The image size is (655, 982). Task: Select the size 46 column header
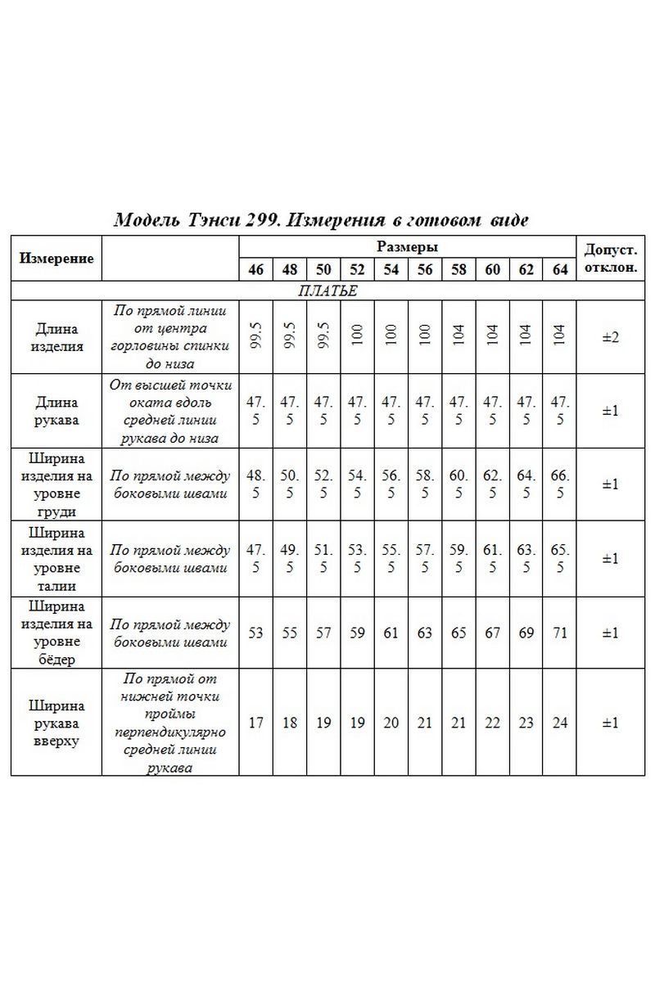click(255, 269)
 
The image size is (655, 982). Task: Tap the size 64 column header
click(560, 269)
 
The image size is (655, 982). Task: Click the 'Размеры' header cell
click(407, 247)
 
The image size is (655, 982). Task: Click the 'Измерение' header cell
click(56, 258)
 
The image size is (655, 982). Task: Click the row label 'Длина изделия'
click(56, 337)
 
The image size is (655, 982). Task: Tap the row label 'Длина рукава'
click(56, 410)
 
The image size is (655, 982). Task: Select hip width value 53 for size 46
click(255, 633)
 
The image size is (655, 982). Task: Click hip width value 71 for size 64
click(560, 633)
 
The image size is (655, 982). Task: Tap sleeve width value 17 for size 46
click(255, 723)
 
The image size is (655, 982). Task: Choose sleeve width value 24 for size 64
click(560, 723)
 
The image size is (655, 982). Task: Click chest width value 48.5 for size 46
click(255, 484)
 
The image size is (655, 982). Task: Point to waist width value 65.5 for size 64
click(560, 558)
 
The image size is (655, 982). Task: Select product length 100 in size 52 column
click(357, 337)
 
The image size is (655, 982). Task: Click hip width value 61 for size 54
click(391, 633)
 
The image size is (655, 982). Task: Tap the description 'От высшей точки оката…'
click(170, 410)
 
